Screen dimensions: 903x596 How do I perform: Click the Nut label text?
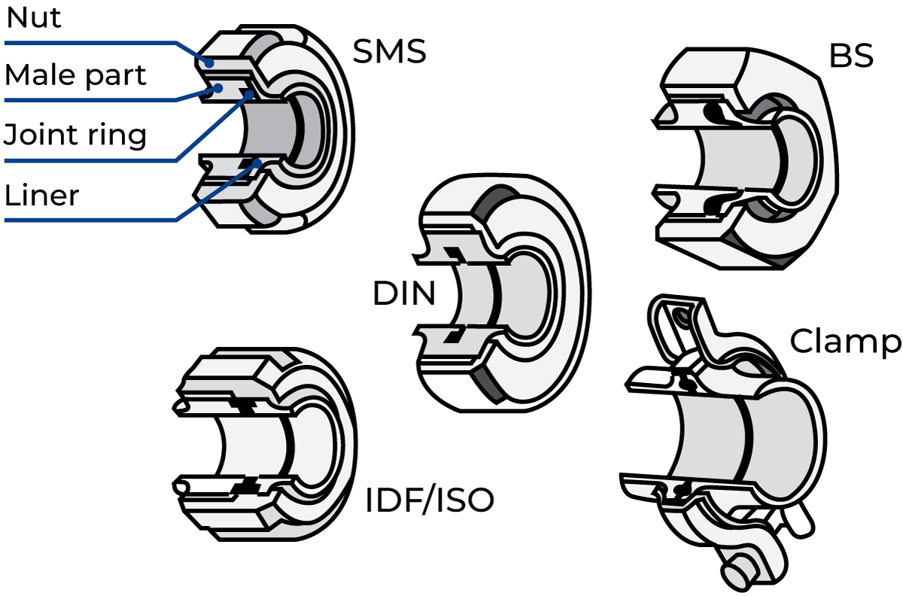(x=34, y=18)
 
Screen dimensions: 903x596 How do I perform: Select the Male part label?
(x=75, y=75)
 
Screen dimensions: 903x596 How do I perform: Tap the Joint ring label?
(x=75, y=135)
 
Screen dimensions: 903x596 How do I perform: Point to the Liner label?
(x=41, y=196)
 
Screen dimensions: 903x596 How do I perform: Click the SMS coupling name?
(x=390, y=51)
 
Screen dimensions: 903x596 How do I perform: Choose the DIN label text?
(x=404, y=293)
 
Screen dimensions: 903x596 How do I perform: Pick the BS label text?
(x=851, y=56)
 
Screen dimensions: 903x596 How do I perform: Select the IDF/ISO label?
(x=430, y=500)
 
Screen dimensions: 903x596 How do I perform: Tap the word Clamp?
(x=845, y=342)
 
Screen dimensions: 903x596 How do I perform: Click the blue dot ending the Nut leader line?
(x=209, y=62)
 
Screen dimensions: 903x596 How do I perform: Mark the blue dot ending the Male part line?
(x=218, y=88)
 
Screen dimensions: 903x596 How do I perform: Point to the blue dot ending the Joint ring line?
(x=250, y=95)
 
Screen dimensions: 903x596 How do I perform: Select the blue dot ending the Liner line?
(x=257, y=163)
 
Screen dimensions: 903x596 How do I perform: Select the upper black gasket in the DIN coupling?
(x=455, y=255)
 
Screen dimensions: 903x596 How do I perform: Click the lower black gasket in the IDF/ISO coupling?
(x=246, y=486)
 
